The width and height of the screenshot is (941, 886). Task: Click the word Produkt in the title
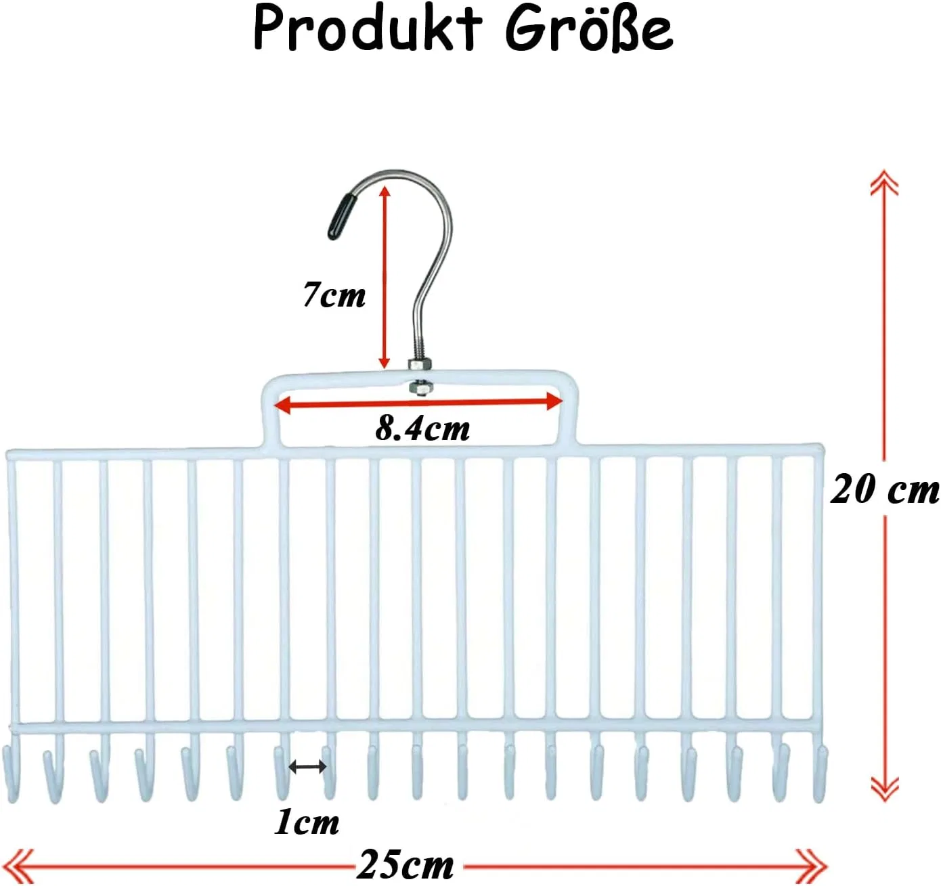[368, 29]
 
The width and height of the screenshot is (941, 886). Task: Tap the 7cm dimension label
[334, 295]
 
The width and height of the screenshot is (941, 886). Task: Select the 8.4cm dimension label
[422, 429]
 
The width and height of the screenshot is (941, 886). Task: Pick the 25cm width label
[405, 865]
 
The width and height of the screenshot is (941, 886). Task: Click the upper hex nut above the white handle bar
[419, 365]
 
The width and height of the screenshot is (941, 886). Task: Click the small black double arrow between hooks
[307, 767]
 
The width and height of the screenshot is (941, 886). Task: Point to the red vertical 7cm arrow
[385, 278]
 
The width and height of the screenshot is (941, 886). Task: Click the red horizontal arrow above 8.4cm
[418, 403]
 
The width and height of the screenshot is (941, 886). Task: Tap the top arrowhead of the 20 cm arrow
[884, 182]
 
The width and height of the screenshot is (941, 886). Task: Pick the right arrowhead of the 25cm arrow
[813, 866]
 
